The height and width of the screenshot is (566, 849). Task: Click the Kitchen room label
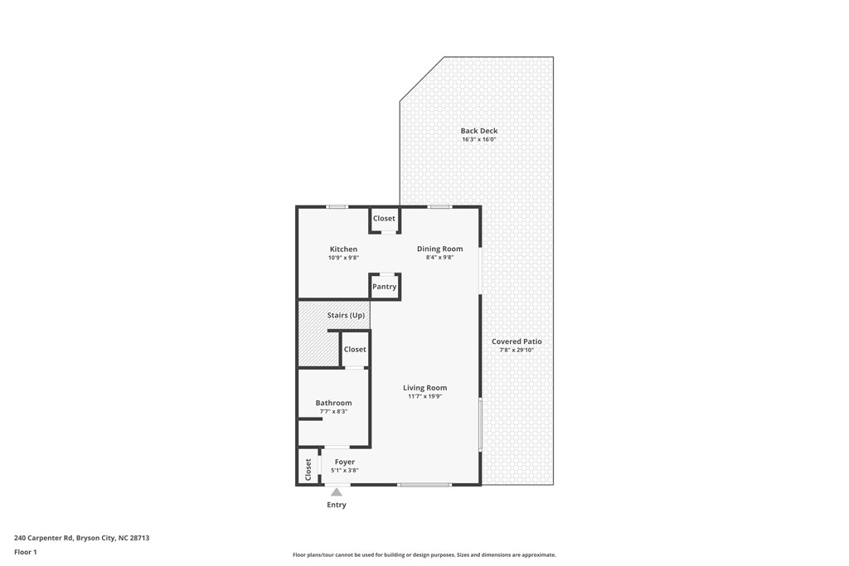[x=343, y=249]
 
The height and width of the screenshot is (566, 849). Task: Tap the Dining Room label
[x=439, y=249]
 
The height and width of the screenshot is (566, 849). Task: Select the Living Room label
[x=424, y=388]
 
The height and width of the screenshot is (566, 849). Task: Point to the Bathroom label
[x=333, y=403]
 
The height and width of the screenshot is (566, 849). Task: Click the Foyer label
[x=344, y=462]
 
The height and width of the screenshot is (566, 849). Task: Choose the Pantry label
[x=384, y=287]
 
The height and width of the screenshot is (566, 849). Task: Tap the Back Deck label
[x=479, y=131]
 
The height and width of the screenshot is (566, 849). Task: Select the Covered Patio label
[x=517, y=341]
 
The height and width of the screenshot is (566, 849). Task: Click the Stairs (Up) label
[x=346, y=316]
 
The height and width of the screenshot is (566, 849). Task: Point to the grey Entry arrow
[x=337, y=492]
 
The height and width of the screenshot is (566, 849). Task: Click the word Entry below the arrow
[x=337, y=505]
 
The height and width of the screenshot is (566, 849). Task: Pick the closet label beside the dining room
[x=384, y=219]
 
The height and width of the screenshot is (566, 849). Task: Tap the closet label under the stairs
[x=355, y=350]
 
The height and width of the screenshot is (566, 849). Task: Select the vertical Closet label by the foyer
[x=308, y=469]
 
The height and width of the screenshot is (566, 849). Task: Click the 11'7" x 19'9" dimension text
[x=424, y=396]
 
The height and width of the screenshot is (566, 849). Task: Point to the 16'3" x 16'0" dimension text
[x=479, y=139]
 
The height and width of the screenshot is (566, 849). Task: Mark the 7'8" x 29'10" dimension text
[x=517, y=350]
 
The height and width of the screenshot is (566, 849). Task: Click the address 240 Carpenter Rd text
[x=81, y=538]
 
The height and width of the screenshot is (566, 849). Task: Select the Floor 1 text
[x=26, y=552]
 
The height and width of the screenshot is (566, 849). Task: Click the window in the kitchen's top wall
[x=337, y=206]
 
